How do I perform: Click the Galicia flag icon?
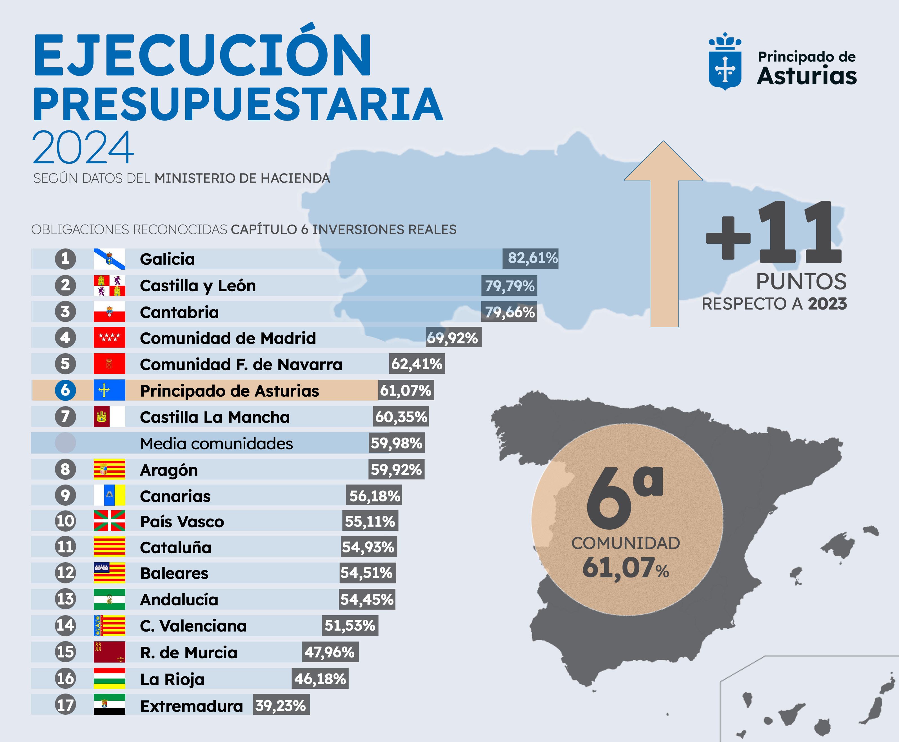109,259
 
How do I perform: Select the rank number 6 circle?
65,390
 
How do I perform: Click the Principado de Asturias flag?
109,390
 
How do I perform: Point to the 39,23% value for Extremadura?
281,706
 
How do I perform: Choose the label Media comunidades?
216,444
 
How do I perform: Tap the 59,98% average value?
397,443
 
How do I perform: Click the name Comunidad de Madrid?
228,338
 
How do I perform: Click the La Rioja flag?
109,678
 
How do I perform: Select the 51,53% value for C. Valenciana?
350,626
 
